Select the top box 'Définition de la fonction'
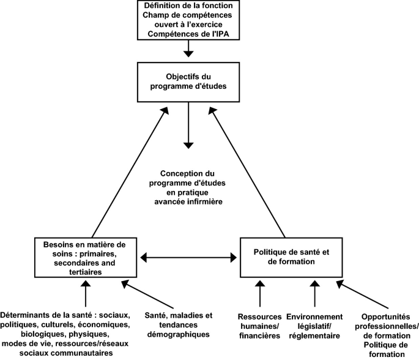(x=189, y=20)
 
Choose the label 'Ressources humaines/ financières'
(x=259, y=326)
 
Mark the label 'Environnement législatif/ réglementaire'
(x=315, y=326)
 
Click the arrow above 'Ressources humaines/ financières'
(x=261, y=293)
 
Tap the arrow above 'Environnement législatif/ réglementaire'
(x=315, y=293)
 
